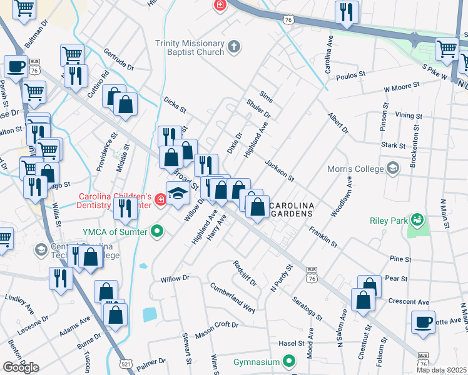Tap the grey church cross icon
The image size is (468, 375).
[234, 46]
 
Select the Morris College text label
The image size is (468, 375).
[355, 168]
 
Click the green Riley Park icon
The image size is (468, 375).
[415, 219]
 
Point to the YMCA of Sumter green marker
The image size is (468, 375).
[158, 232]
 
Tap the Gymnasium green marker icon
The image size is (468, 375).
[288, 361]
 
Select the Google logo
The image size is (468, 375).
[21, 367]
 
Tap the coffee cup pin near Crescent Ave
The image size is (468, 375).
[424, 322]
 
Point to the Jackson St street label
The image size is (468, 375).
[280, 171]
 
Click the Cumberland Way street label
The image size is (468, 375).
[233, 299]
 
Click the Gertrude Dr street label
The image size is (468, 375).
[119, 59]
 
